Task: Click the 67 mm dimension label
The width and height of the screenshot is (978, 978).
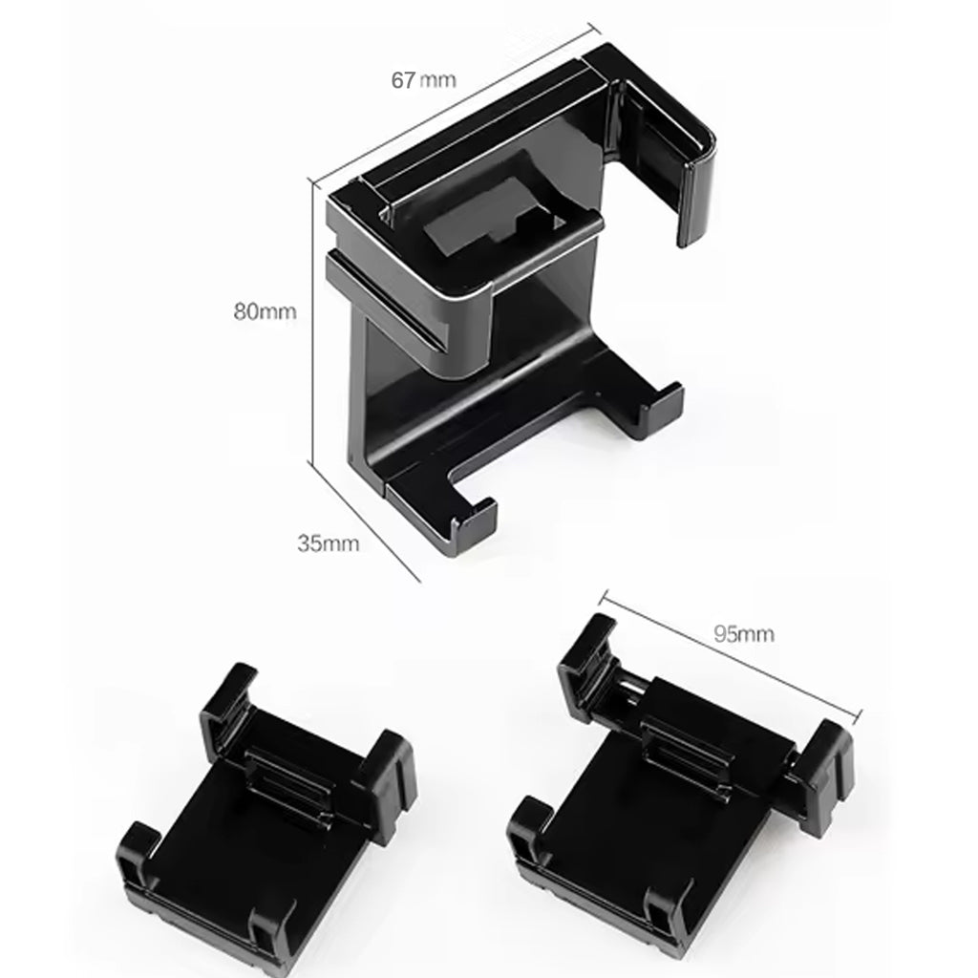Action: tap(422, 80)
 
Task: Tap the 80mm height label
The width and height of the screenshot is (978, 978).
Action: tap(265, 310)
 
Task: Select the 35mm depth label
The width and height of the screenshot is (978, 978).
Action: tap(328, 544)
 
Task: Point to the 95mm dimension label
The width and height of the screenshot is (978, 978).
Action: tap(743, 633)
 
